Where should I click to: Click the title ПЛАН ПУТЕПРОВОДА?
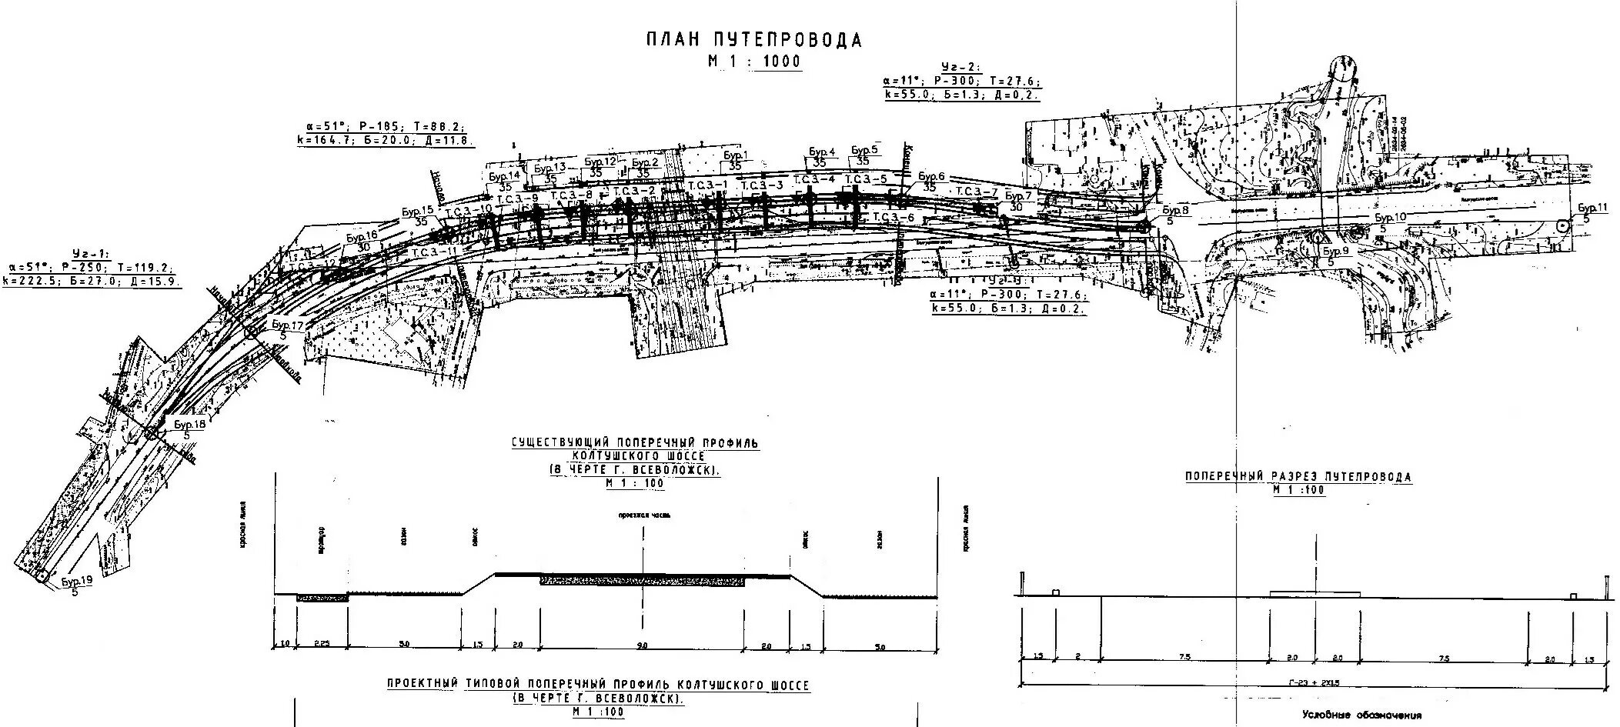tap(753, 41)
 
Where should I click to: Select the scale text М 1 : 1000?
tap(754, 62)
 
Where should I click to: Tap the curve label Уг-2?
tap(962, 67)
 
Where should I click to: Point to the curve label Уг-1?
tap(91, 252)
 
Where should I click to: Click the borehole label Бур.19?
tap(76, 582)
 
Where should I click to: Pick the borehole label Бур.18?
tap(189, 425)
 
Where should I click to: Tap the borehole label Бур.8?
tap(1175, 210)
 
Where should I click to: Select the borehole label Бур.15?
tap(418, 211)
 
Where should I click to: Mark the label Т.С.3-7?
tap(977, 192)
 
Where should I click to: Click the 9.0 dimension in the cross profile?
tap(643, 646)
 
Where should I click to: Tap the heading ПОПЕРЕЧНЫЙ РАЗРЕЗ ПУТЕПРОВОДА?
tap(1298, 477)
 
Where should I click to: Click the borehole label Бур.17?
tap(287, 325)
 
